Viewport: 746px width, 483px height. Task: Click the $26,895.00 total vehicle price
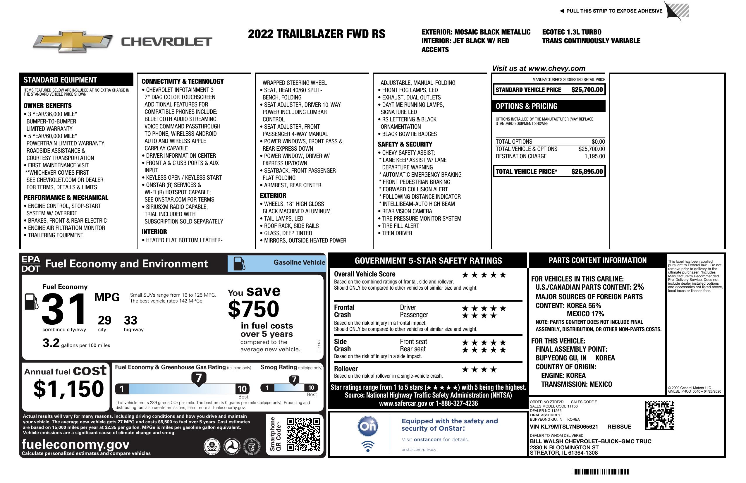click(587, 171)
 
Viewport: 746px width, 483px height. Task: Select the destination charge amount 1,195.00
click(594, 157)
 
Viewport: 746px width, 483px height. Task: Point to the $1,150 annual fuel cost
click(69, 389)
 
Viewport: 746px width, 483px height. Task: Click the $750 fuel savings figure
click(254, 309)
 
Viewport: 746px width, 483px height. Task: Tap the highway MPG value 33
click(130, 320)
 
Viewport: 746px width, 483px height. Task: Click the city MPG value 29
click(104, 320)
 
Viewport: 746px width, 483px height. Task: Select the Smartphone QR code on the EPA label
click(303, 434)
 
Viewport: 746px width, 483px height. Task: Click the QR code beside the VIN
click(659, 415)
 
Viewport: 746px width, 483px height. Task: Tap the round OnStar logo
click(368, 426)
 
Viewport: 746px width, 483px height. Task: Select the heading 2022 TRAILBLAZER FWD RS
click(317, 34)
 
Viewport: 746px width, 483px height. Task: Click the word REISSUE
click(619, 427)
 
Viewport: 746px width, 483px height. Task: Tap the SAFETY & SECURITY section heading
click(405, 145)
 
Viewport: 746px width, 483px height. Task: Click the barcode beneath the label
click(600, 472)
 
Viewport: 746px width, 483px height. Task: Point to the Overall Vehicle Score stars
click(484, 275)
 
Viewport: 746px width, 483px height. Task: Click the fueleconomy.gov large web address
click(75, 444)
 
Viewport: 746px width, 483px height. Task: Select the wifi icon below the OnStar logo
click(368, 446)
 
